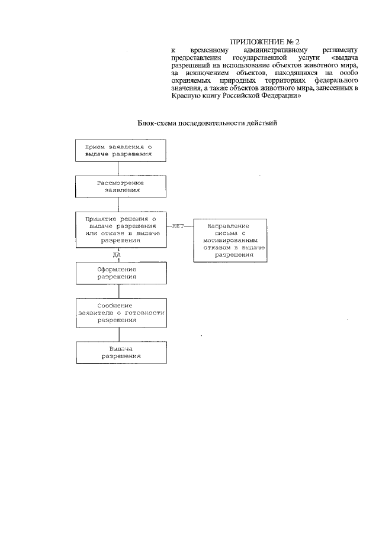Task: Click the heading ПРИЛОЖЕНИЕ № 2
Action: tap(265, 42)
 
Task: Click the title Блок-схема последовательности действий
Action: tap(207, 124)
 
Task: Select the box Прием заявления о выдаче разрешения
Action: tap(118, 150)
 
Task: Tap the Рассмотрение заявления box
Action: tap(118, 187)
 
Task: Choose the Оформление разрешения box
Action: tap(118, 273)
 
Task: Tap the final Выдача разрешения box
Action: tap(118, 353)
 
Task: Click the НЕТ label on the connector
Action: tap(178, 226)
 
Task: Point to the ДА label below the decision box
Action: tap(117, 255)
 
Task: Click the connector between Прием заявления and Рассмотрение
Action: tap(118, 169)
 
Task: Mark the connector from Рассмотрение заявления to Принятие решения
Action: tap(118, 206)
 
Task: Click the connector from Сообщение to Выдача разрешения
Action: tap(118, 334)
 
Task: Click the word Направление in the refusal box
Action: tap(227, 226)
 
